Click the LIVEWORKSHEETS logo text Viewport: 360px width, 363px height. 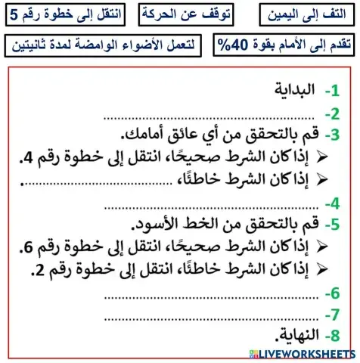coord(303,354)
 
